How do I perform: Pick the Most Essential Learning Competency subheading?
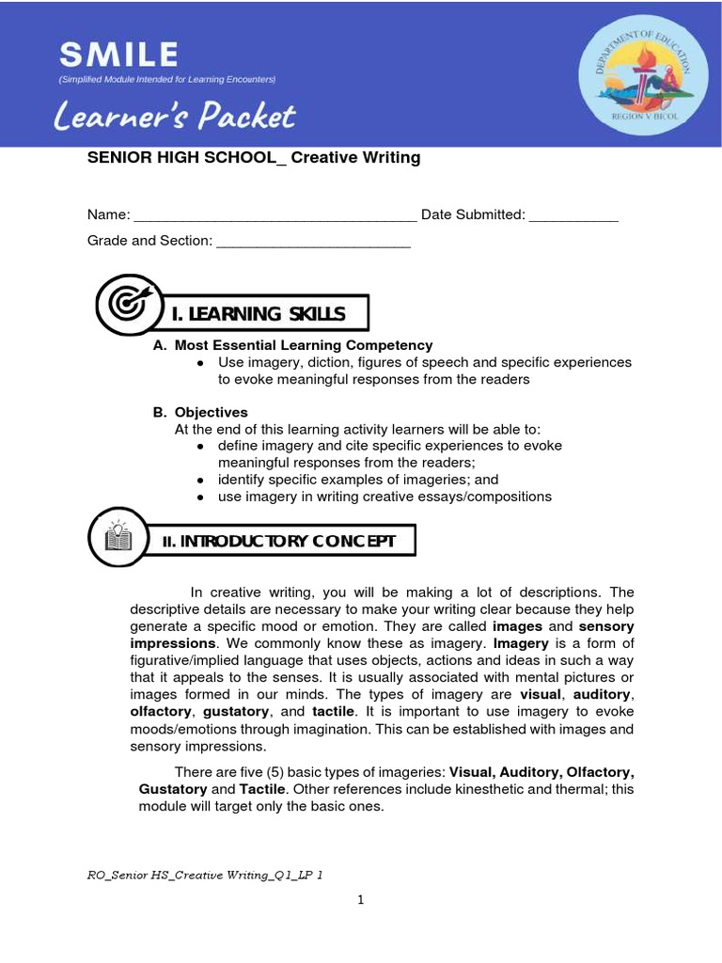point(304,345)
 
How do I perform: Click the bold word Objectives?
point(212,412)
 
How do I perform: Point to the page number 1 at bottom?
point(360,901)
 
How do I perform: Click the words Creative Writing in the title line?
point(355,158)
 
